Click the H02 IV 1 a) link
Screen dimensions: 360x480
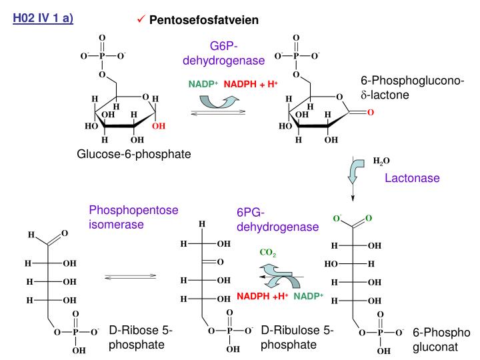coord(43,18)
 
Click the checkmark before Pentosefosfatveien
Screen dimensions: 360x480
coord(141,20)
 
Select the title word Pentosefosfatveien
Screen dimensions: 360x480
coord(203,20)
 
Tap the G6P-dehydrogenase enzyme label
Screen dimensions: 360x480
coord(223,53)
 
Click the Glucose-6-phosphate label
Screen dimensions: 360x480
coord(133,154)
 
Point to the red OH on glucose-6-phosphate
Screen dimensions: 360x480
coord(158,125)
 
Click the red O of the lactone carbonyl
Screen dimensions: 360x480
coord(370,113)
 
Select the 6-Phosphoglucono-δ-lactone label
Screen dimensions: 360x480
coord(409,88)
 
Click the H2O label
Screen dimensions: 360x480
coord(381,161)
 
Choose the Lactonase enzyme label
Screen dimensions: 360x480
coord(413,178)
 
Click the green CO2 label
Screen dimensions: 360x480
coord(268,253)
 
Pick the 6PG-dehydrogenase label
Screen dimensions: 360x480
coord(277,219)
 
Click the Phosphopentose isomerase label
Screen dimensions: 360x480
coord(133,217)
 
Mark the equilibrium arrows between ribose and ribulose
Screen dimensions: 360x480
coord(131,275)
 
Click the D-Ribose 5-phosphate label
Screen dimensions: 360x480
coord(140,337)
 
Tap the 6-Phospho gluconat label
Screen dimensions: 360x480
coord(441,339)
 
